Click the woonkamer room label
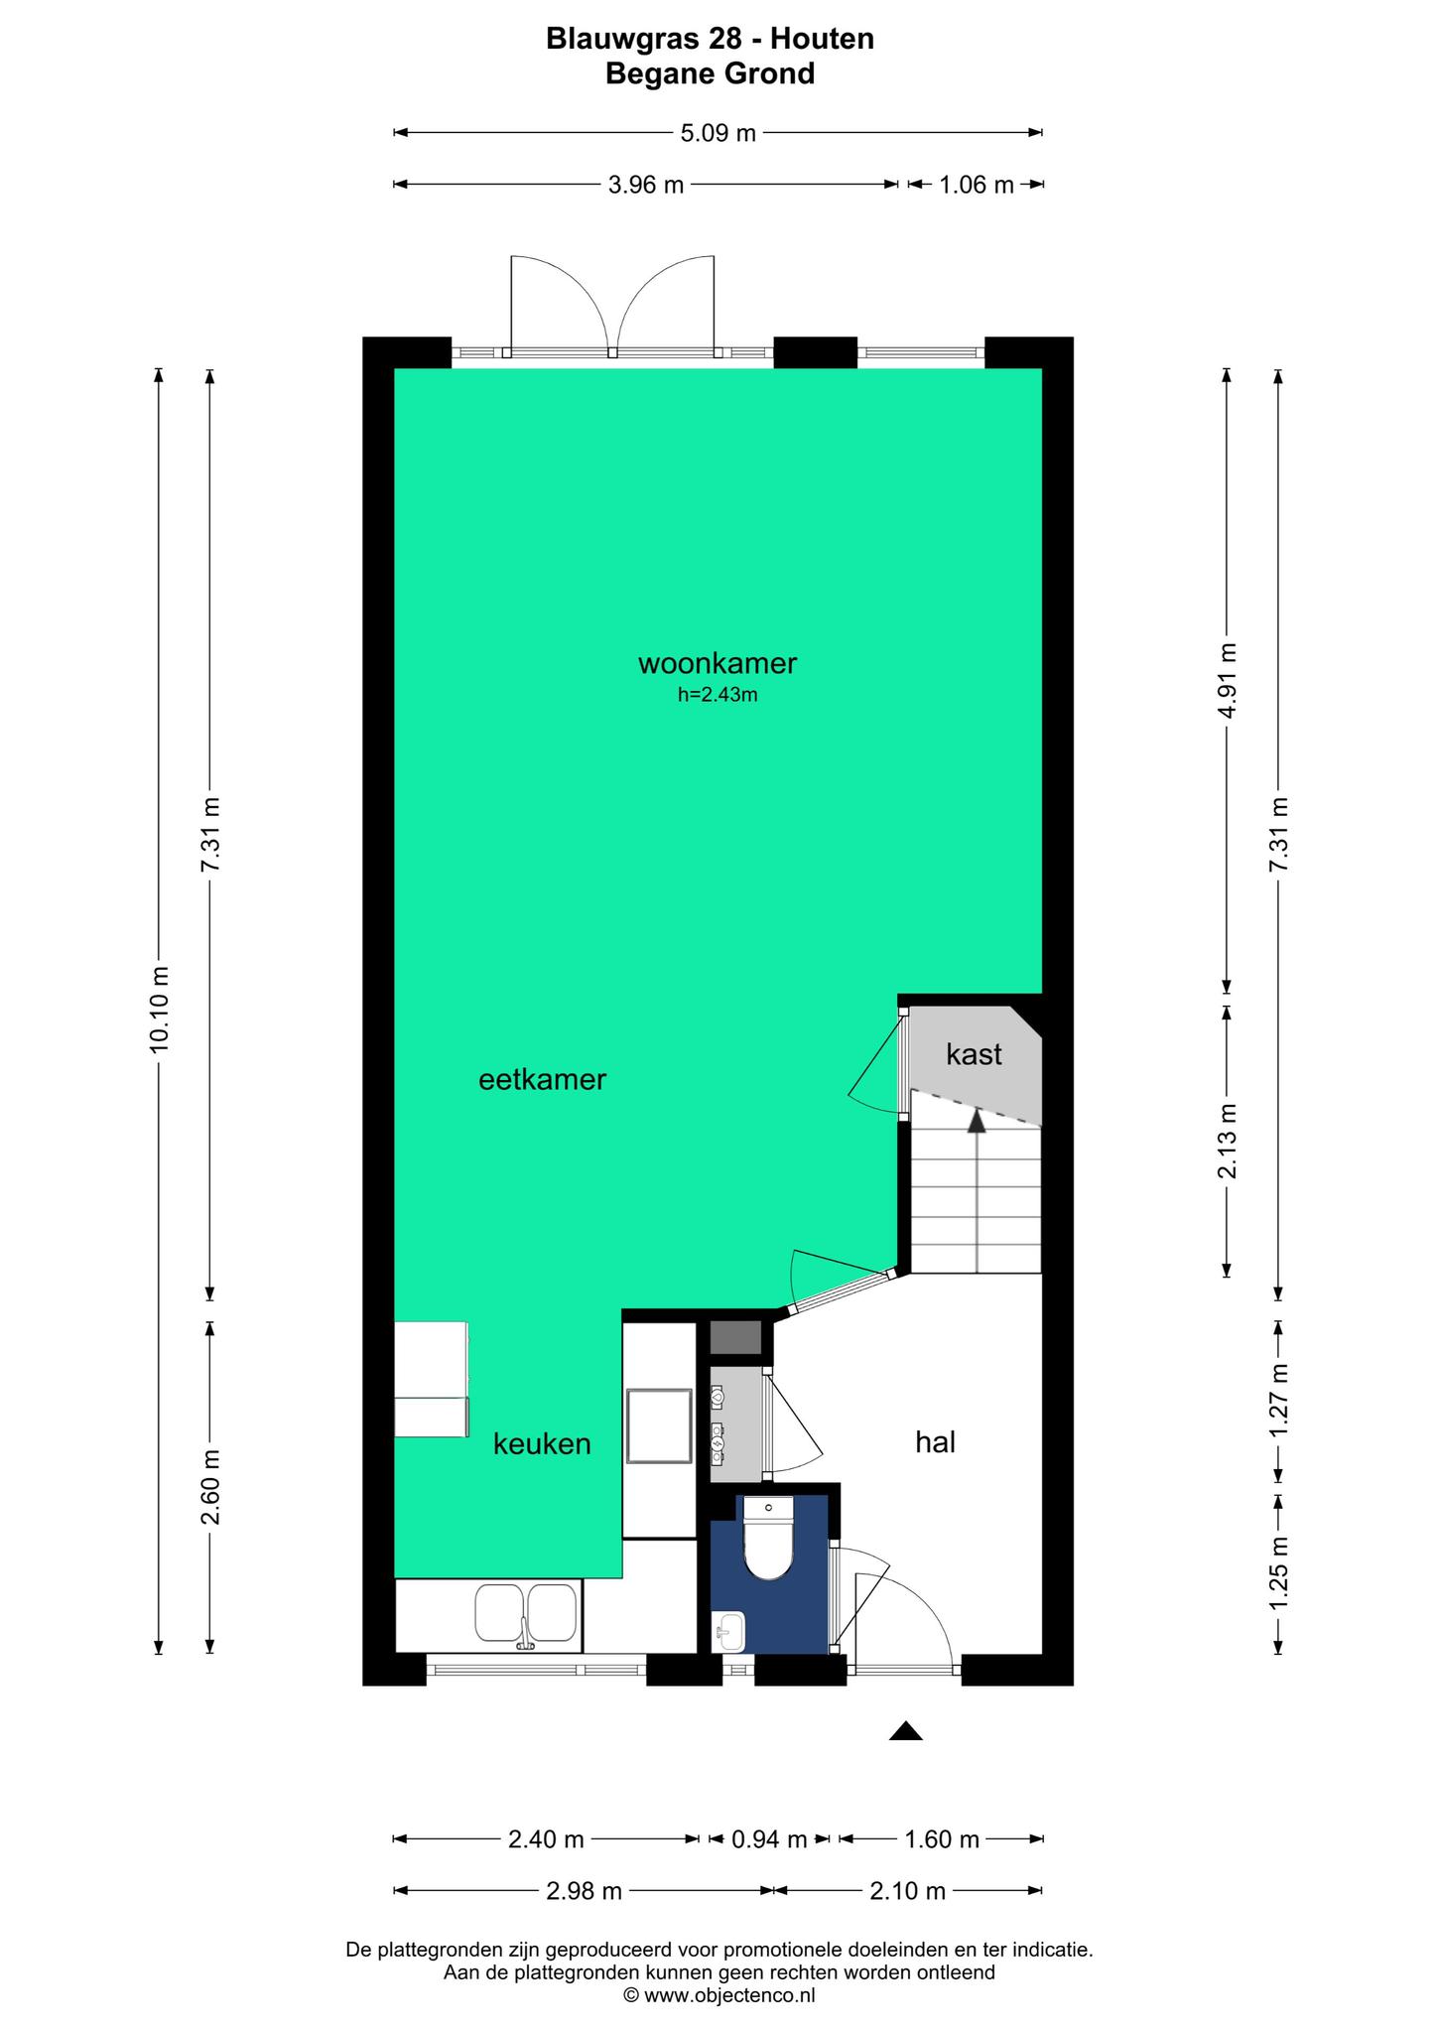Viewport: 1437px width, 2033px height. pos(718,662)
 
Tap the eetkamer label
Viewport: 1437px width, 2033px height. pos(542,1079)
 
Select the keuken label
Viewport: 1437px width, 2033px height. pos(542,1443)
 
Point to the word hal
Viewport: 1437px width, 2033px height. pos(935,1441)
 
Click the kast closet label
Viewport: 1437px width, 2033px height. pos(974,1053)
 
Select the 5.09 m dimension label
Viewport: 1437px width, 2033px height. pos(718,132)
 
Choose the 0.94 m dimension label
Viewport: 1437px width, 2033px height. pos(769,1839)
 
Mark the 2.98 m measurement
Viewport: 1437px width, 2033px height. pos(584,1891)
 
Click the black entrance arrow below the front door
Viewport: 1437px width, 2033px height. pos(905,1730)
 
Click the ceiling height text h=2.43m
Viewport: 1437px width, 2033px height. pos(718,695)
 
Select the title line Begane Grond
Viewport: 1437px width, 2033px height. pos(711,73)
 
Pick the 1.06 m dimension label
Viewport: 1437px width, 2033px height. pos(977,184)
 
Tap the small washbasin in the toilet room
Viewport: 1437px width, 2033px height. pos(729,1629)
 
